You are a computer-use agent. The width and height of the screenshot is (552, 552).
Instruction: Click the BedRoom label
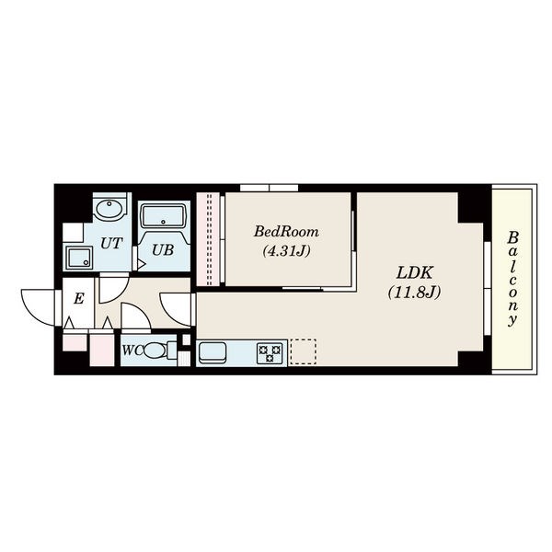click(x=286, y=232)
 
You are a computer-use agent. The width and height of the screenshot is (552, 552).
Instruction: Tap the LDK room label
click(x=415, y=273)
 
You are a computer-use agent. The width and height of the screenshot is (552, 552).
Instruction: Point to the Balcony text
click(x=513, y=279)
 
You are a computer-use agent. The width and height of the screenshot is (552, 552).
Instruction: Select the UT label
click(x=111, y=243)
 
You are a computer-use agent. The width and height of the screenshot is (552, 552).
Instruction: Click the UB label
click(x=163, y=249)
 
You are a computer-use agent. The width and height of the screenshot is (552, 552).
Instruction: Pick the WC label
click(x=132, y=351)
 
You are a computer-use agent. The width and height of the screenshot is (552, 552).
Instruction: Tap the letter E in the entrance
click(x=79, y=299)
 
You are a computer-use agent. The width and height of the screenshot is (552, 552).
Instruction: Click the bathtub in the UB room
click(x=163, y=216)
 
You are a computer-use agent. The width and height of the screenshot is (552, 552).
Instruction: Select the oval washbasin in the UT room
click(x=109, y=210)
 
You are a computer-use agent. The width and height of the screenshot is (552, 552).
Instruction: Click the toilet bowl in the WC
click(x=155, y=351)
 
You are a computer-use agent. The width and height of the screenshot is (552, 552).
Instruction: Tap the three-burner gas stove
click(x=270, y=353)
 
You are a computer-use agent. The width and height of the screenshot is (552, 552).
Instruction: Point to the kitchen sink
click(x=213, y=352)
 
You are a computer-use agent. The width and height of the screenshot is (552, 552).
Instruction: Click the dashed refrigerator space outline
click(x=303, y=351)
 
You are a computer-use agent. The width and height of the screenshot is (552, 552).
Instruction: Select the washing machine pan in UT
click(x=79, y=258)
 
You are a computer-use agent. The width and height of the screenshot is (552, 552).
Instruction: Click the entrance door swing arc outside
click(x=38, y=307)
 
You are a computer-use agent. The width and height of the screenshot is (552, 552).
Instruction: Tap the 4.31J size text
click(x=286, y=251)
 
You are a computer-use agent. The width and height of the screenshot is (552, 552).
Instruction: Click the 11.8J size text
click(x=414, y=293)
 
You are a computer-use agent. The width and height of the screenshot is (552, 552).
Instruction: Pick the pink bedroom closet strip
click(x=208, y=239)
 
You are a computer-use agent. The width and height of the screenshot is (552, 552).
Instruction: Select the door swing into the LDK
click(x=176, y=309)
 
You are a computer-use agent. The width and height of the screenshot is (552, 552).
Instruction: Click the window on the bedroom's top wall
click(x=270, y=188)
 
